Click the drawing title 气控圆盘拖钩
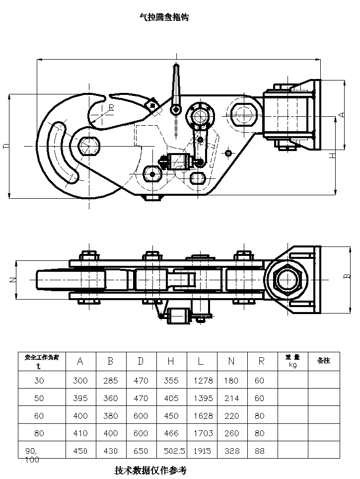pyautogui.click(x=164, y=17)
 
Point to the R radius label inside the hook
pyautogui.click(x=111, y=107)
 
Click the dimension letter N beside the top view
pyautogui.click(x=13, y=280)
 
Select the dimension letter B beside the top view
pyautogui.click(x=347, y=276)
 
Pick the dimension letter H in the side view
pyautogui.click(x=333, y=156)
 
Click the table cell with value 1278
pyautogui.click(x=201, y=381)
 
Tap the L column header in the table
pyautogui.click(x=201, y=361)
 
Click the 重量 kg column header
pyautogui.click(x=292, y=361)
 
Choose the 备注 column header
pyautogui.click(x=323, y=361)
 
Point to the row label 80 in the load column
pyautogui.click(x=39, y=433)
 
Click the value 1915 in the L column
pyautogui.click(x=201, y=451)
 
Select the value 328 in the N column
pyautogui.click(x=231, y=451)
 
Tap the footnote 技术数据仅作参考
pyautogui.click(x=150, y=470)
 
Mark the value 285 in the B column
pyautogui.click(x=111, y=381)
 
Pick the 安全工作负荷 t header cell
pyautogui.click(x=42, y=361)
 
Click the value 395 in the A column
pyautogui.click(x=80, y=398)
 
